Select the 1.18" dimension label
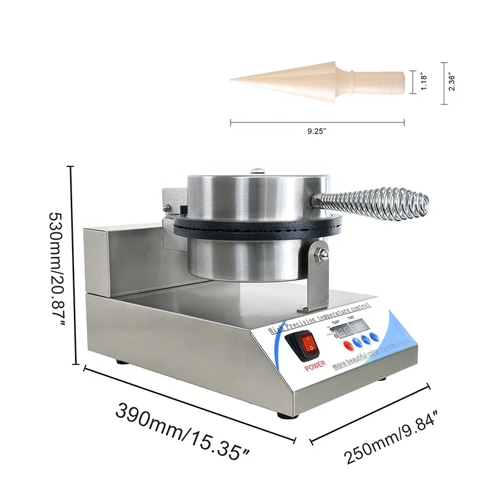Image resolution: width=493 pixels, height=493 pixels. pos(425,81)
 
